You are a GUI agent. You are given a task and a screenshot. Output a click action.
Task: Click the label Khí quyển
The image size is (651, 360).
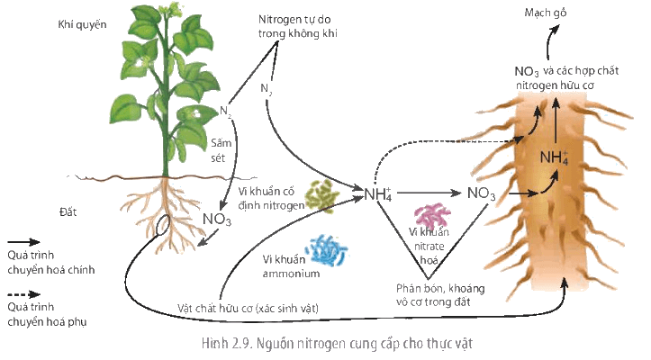click(x=82, y=24)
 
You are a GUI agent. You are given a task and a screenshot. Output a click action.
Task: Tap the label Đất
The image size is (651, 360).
click(x=68, y=211)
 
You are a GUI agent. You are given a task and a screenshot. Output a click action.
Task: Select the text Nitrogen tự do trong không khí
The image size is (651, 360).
click(x=298, y=26)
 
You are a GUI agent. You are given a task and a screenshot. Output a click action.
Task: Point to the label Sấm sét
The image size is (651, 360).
click(x=221, y=150)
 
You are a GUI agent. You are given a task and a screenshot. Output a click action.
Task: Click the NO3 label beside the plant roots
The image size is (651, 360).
click(x=217, y=219)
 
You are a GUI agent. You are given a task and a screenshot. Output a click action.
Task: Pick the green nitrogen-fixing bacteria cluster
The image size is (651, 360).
click(x=322, y=196)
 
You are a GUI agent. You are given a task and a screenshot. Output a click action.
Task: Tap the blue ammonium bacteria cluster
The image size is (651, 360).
click(x=326, y=250)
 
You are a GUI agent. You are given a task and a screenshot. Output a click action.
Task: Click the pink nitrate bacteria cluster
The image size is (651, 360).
click(x=432, y=215)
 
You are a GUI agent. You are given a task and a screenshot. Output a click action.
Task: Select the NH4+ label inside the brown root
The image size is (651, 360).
click(x=554, y=157)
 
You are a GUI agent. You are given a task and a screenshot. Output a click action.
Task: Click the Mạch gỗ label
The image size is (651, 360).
click(x=545, y=13)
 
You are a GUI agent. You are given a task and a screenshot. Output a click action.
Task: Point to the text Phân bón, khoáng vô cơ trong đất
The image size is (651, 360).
click(x=440, y=295)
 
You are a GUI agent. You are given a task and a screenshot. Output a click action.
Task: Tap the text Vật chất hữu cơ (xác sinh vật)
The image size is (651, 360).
click(x=248, y=308)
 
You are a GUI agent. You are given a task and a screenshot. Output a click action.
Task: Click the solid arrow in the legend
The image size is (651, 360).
click(x=23, y=242)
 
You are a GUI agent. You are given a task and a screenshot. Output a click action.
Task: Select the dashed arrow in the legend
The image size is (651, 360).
click(x=23, y=295)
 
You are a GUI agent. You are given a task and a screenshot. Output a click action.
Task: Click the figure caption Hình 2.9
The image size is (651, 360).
click(x=337, y=344)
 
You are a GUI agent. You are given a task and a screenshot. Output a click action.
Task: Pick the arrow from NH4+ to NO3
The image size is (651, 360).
click(x=429, y=193)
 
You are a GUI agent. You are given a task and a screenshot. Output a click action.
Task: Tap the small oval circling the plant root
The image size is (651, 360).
click(x=162, y=225)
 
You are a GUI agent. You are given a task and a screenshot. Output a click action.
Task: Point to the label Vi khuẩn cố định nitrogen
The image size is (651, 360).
click(x=271, y=198)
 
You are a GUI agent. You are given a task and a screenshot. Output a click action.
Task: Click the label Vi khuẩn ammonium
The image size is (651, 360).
click(x=291, y=266)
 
